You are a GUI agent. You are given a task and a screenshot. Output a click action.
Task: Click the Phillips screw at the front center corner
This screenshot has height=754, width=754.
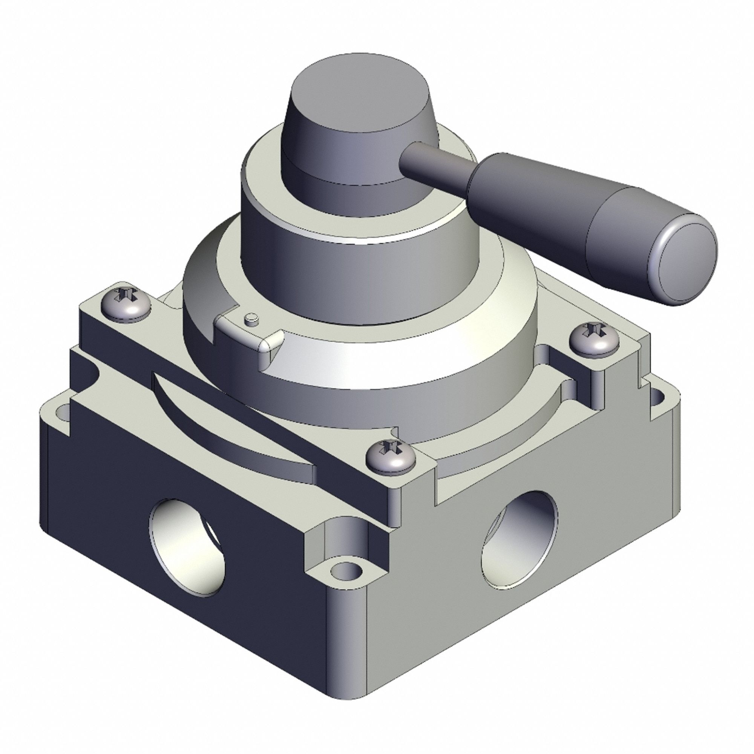tap(390, 455)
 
